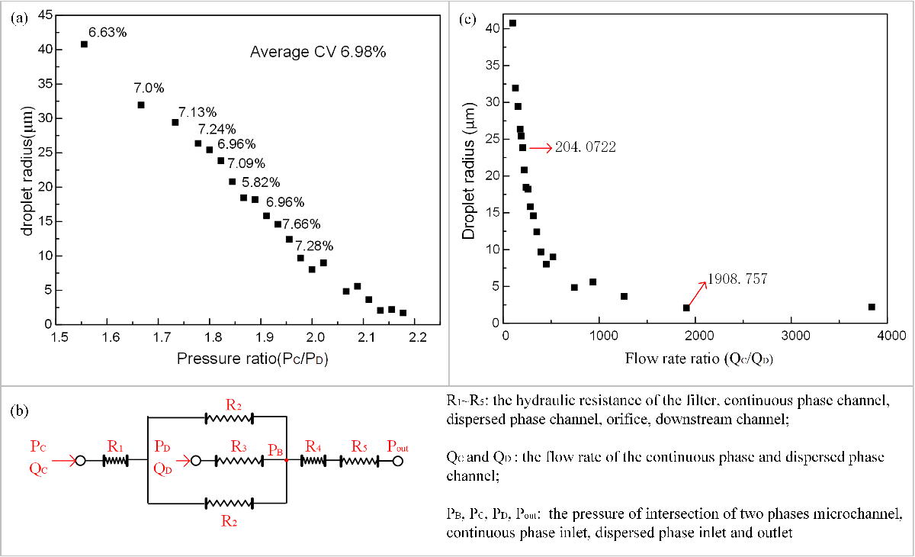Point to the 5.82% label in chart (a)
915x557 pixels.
click(261, 182)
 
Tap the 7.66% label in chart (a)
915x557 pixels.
click(301, 224)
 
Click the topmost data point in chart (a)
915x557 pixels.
click(84, 44)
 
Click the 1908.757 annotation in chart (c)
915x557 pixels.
click(737, 279)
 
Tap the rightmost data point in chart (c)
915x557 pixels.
click(872, 307)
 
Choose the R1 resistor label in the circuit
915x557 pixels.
click(115, 444)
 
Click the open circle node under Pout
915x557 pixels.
click(397, 461)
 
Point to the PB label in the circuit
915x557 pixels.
click(277, 449)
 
